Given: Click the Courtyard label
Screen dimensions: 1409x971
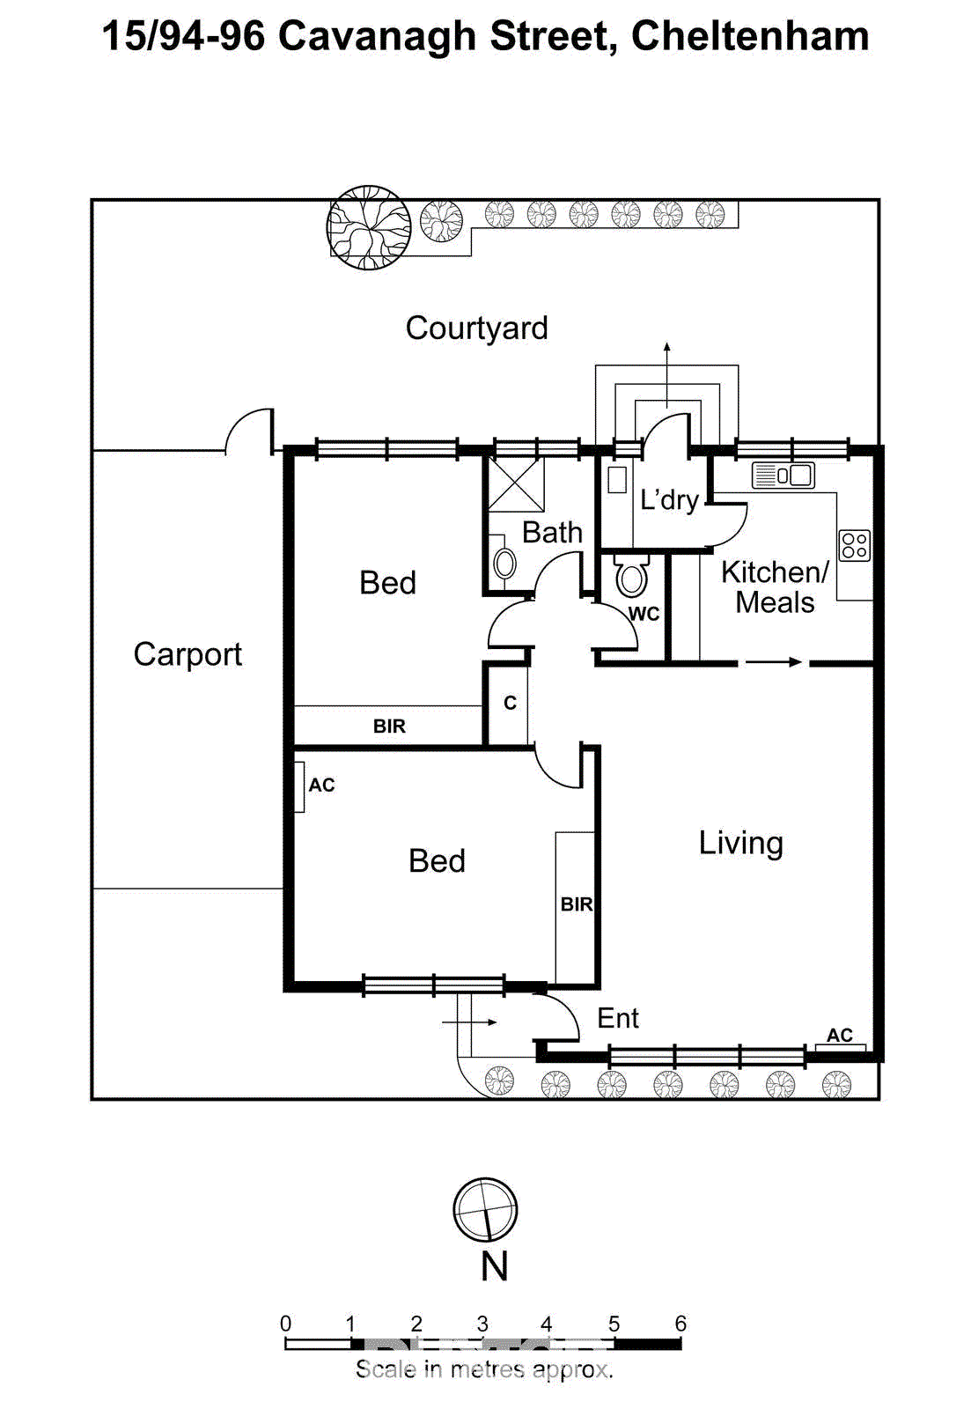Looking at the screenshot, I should (x=476, y=328).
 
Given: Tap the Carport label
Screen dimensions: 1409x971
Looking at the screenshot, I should (x=188, y=654).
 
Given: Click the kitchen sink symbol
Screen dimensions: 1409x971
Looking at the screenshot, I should (x=783, y=476).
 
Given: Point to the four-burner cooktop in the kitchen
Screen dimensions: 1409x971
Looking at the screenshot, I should (x=854, y=545).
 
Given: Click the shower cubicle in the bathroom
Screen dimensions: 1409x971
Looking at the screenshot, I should (x=516, y=483).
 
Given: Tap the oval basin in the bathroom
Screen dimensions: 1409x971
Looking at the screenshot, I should (x=504, y=564).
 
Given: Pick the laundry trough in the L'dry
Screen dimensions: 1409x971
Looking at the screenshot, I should (x=617, y=480).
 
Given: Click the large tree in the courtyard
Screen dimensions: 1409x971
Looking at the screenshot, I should (x=369, y=227).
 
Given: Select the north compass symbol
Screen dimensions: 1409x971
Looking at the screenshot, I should (x=485, y=1210).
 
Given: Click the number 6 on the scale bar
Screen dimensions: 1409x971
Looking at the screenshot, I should (x=680, y=1324).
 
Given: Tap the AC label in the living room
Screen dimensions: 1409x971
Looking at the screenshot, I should (x=839, y=1036).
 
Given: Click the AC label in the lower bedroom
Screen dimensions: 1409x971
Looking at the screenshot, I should (x=321, y=785).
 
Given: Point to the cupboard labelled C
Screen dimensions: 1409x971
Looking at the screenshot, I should (x=510, y=703).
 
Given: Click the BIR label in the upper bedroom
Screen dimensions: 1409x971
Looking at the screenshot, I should (x=389, y=727).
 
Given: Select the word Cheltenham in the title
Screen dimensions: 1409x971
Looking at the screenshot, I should (x=750, y=36).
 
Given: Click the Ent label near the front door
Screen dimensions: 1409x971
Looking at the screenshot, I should (x=618, y=1018).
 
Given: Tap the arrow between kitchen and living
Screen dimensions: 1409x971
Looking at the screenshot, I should (x=773, y=662).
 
